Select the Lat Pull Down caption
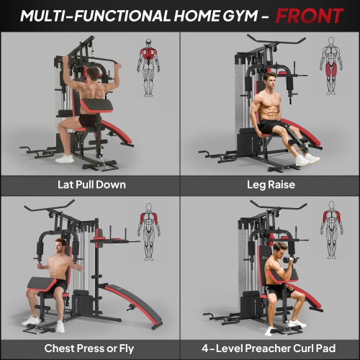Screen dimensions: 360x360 pyautogui.click(x=91, y=184)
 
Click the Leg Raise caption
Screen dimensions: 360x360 pyautogui.click(x=270, y=184)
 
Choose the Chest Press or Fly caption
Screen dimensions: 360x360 pyautogui.click(x=91, y=348)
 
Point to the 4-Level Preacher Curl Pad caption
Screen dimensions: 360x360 pyautogui.click(x=270, y=348)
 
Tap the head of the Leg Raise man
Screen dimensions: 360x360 pyautogui.click(x=270, y=78)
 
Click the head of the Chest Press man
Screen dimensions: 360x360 pyautogui.click(x=60, y=249)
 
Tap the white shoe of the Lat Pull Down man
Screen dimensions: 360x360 pyautogui.click(x=66, y=158)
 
